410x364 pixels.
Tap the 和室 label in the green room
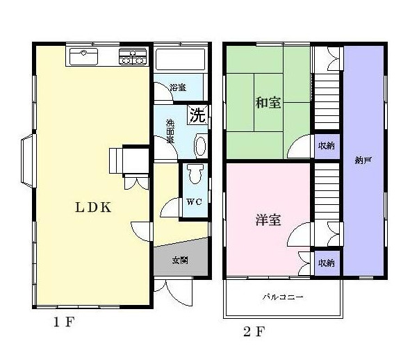point(268,103)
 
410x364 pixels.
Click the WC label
point(194,203)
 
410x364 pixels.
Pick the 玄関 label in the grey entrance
point(180,260)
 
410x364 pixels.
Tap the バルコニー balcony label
point(283,297)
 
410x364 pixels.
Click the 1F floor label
point(64,322)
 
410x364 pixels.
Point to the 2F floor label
point(254,331)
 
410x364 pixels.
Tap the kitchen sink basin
point(83,55)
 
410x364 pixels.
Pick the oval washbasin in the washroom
point(200,147)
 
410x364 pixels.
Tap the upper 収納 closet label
point(327,146)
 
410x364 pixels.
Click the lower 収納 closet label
point(327,263)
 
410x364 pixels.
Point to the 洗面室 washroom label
point(170,131)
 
